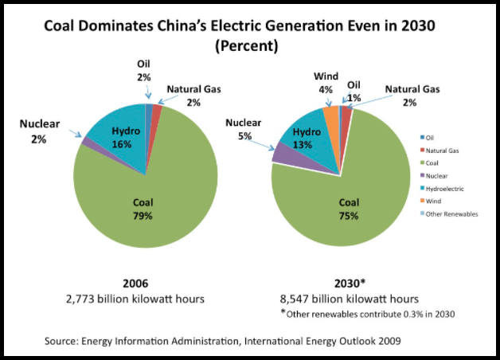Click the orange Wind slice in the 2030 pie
point(330,115)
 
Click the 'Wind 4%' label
point(324,83)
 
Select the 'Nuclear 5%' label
point(242,129)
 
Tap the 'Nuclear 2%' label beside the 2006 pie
point(37,131)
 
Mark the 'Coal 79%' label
point(143,209)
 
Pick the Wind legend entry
point(439,202)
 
